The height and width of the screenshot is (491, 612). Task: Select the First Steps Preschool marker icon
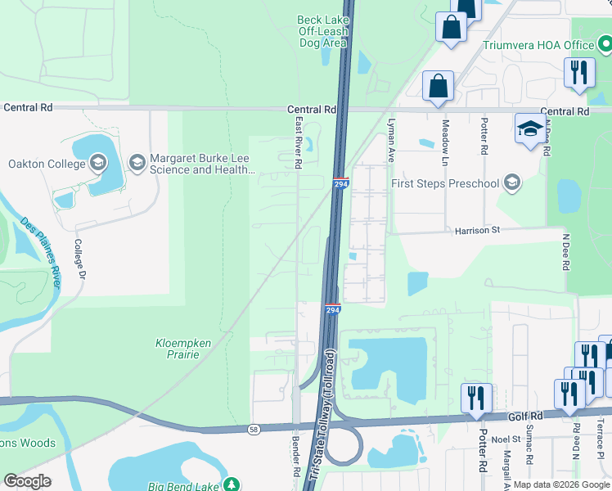point(512,182)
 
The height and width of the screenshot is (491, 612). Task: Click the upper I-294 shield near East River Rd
point(340,185)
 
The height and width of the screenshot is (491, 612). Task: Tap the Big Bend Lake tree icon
point(232,484)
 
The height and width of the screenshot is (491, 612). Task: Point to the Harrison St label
point(477,232)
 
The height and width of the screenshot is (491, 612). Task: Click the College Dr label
point(79,259)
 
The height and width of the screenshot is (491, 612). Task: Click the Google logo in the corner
point(28,481)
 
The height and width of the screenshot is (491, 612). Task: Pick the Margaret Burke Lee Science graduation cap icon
point(136,163)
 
